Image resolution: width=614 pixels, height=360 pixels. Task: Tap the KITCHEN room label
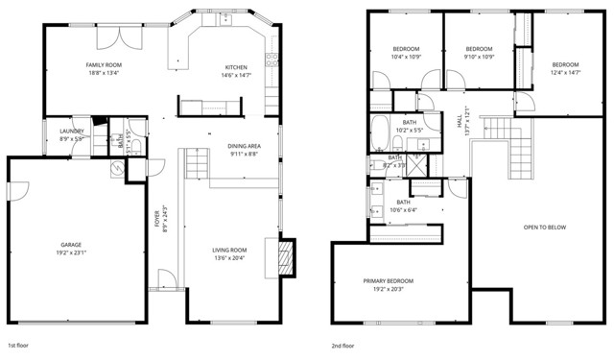(x=237, y=67)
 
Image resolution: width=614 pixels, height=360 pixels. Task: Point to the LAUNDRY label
(x=72, y=131)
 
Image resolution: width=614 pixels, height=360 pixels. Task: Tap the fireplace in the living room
(x=283, y=256)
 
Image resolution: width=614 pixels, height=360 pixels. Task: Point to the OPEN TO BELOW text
(x=544, y=228)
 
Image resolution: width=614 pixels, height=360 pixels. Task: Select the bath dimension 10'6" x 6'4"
(x=404, y=209)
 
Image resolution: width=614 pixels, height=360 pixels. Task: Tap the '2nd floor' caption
(x=343, y=345)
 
